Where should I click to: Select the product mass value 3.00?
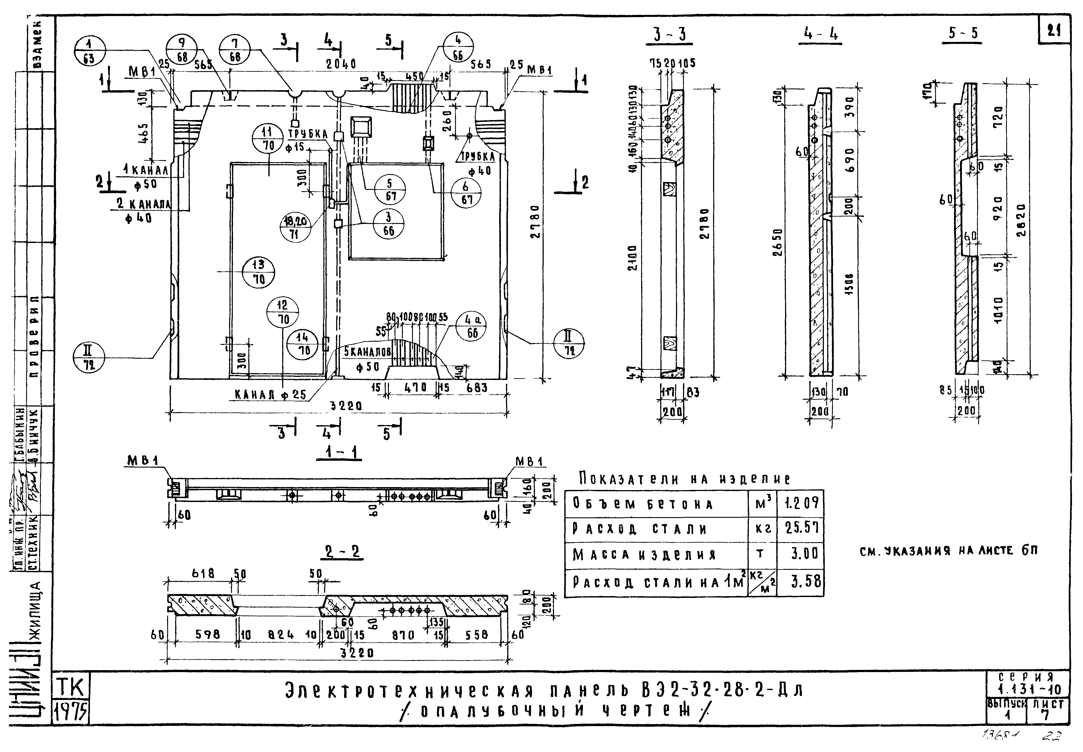click(x=804, y=554)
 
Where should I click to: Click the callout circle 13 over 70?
click(x=258, y=272)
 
